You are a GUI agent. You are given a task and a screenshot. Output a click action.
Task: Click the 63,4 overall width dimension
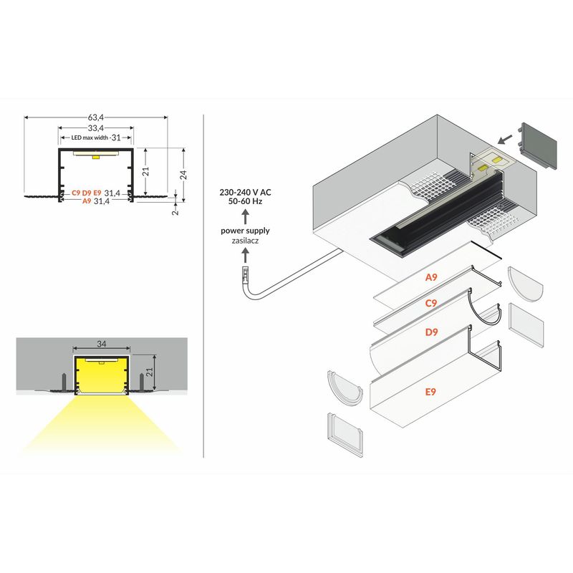tap(96, 117)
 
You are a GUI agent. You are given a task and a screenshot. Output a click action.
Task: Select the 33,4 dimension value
tap(96, 128)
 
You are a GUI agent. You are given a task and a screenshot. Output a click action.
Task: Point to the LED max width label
tap(90, 138)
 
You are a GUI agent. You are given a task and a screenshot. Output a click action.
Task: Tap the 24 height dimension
tap(183, 175)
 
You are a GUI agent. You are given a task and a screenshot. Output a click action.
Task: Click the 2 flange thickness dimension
tap(175, 211)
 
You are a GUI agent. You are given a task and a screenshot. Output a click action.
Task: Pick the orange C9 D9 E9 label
tap(87, 193)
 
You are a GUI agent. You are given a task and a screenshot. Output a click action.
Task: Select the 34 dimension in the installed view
tap(102, 344)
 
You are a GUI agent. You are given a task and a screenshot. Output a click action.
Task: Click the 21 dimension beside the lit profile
tap(150, 372)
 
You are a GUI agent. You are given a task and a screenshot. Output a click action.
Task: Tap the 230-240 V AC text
tap(245, 192)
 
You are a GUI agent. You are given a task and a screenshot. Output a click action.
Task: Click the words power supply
tap(245, 231)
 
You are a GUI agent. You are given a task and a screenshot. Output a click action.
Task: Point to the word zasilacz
tap(245, 241)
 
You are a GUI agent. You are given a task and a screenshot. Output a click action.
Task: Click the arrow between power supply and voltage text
tap(246, 216)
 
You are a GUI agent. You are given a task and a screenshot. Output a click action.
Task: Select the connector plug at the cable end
tap(246, 274)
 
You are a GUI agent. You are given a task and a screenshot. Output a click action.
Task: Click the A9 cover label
tap(431, 277)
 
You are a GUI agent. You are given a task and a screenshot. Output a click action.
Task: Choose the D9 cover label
tap(432, 332)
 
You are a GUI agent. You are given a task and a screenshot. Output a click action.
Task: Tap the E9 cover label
tap(431, 392)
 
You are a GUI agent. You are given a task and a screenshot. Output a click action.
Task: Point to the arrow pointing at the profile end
tap(505, 139)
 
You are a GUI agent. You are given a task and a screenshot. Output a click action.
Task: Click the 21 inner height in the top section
tap(146, 171)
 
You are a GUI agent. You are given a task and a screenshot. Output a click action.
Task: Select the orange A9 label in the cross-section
tap(87, 201)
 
